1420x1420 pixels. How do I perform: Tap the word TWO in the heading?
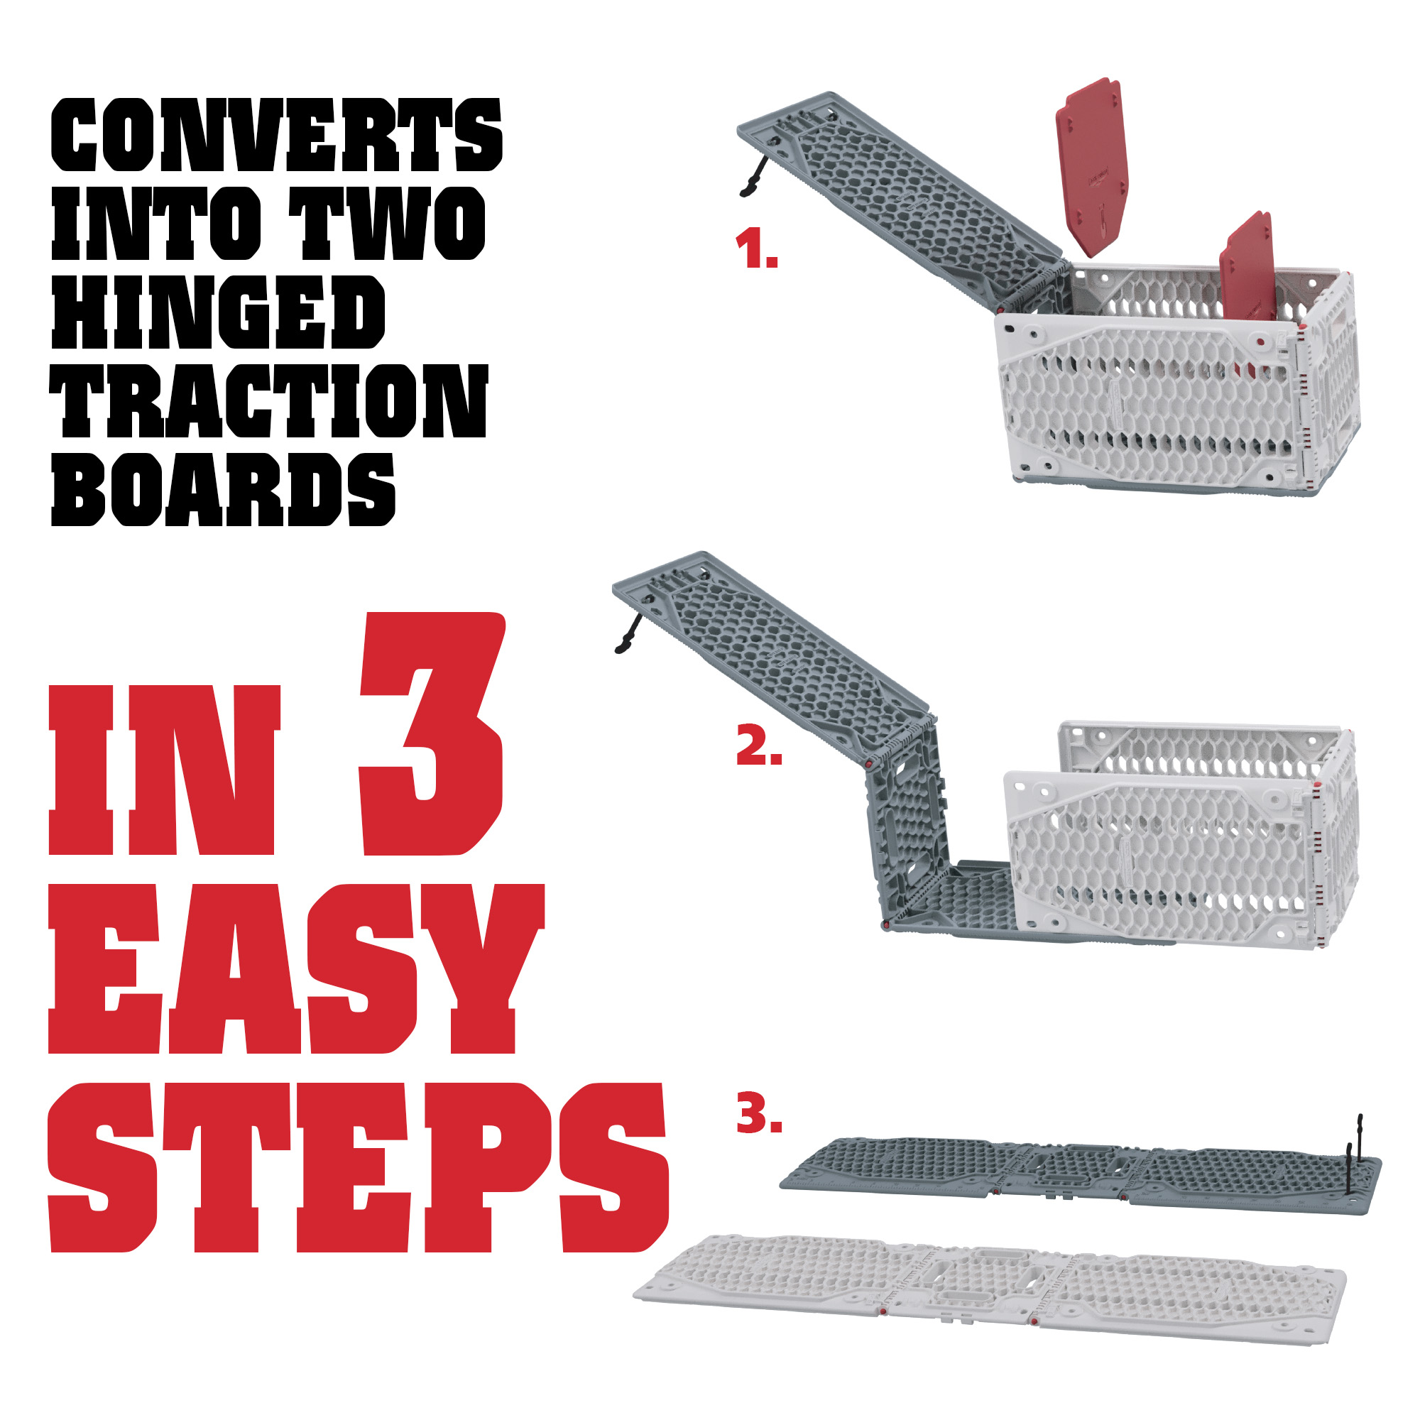[387, 224]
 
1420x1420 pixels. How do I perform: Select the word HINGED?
[218, 312]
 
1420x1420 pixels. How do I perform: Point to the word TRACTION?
[269, 401]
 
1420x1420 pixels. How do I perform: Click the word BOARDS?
[224, 489]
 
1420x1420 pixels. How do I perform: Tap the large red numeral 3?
[432, 733]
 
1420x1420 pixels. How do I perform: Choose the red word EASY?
[296, 968]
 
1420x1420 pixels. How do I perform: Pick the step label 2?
[759, 745]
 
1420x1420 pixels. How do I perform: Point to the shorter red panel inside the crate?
[1247, 268]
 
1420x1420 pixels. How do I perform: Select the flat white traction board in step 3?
[989, 1290]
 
